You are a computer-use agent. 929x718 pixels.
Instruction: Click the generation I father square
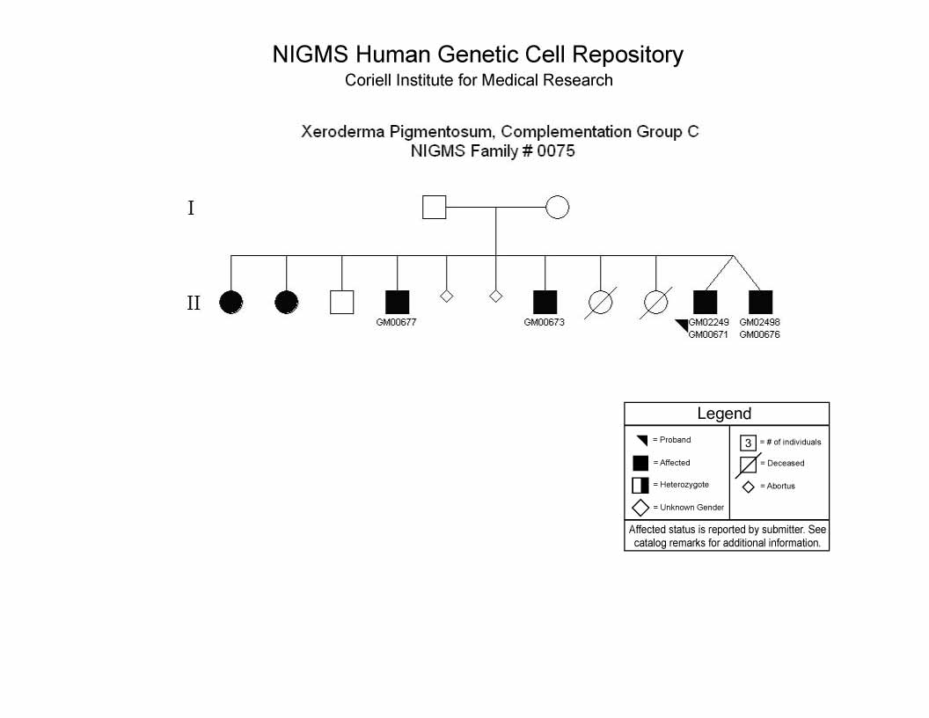434,208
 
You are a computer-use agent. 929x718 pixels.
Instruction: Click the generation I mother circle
557,208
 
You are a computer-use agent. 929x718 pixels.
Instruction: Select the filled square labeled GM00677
397,302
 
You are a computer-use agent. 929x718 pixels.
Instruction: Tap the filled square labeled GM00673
545,302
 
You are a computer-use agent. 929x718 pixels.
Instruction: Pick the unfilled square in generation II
341,302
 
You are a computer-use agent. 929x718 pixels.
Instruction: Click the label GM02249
708,322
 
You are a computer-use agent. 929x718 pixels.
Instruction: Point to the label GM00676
759,334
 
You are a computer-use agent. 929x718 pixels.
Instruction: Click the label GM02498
759,322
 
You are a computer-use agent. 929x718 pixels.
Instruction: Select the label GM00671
708,334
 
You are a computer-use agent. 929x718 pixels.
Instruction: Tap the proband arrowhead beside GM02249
684,324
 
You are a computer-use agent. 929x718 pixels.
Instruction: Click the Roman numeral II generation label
194,303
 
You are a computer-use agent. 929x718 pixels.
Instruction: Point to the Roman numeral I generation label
191,208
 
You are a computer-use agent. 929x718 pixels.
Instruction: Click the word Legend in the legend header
724,414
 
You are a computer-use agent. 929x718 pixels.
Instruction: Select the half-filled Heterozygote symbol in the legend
640,485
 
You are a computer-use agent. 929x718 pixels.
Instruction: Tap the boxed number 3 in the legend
749,443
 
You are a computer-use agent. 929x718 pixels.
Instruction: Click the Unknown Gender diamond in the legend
640,508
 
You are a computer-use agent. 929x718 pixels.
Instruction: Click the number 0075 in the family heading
556,151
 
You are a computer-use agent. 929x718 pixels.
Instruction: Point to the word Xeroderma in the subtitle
343,131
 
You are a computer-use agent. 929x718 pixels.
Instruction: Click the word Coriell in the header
368,80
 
